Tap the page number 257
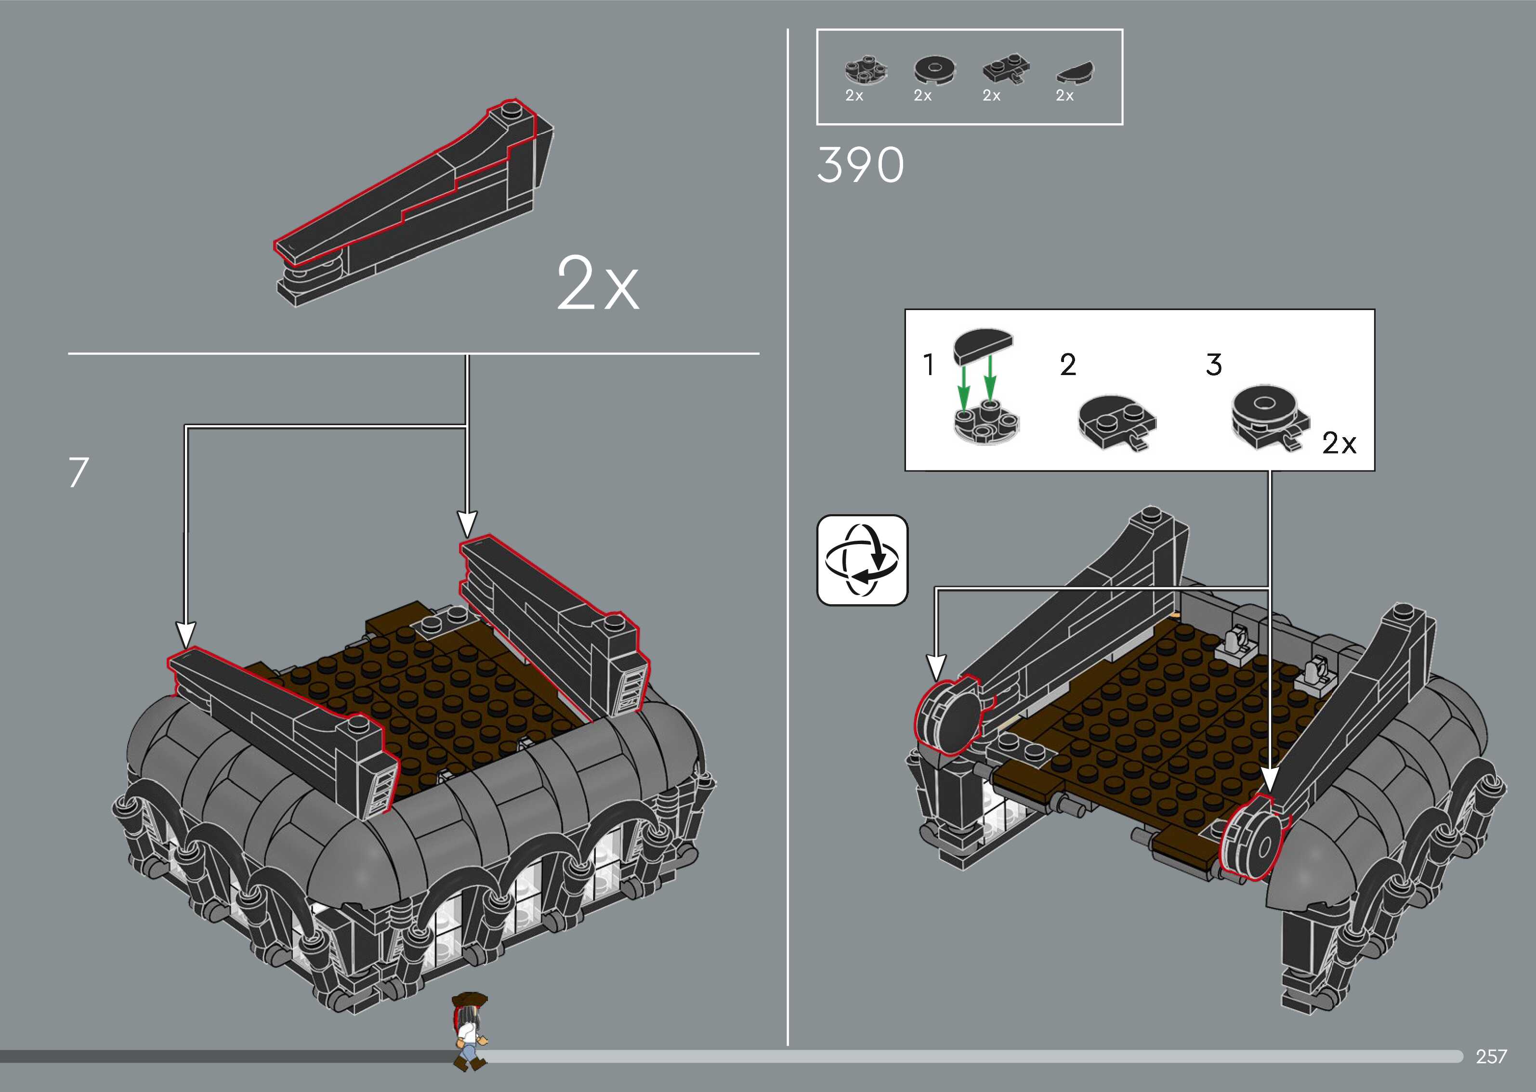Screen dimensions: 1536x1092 pyautogui.click(x=1491, y=1056)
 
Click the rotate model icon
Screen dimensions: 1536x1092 pyautogui.click(x=862, y=560)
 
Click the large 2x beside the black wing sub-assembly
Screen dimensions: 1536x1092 pyautogui.click(x=598, y=284)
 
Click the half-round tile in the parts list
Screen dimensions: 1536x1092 pyautogui.click(x=1075, y=72)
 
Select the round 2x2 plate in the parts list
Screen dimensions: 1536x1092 pyautogui.click(x=866, y=72)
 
